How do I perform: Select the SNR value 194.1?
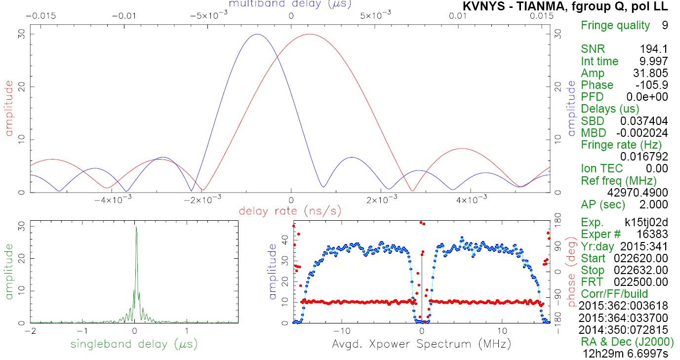point(653,49)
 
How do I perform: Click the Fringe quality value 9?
point(665,25)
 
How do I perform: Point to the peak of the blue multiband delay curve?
point(257,34)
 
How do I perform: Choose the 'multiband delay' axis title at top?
point(290,4)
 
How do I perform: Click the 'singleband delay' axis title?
point(134,344)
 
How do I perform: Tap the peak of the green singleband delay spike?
point(136,227)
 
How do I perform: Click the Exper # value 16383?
point(653,234)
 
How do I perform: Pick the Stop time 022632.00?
point(640,270)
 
